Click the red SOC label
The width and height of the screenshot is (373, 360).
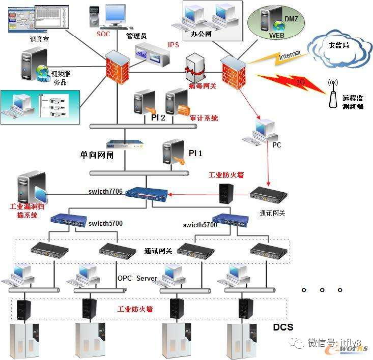103,34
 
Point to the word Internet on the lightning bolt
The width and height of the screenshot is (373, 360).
290,54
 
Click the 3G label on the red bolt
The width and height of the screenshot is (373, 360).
301,81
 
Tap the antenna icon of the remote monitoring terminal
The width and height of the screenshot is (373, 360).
333,94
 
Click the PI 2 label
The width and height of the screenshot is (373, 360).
158,118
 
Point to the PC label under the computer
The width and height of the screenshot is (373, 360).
276,145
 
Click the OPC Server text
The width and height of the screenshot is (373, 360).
137,278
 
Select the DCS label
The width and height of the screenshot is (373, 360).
283,326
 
